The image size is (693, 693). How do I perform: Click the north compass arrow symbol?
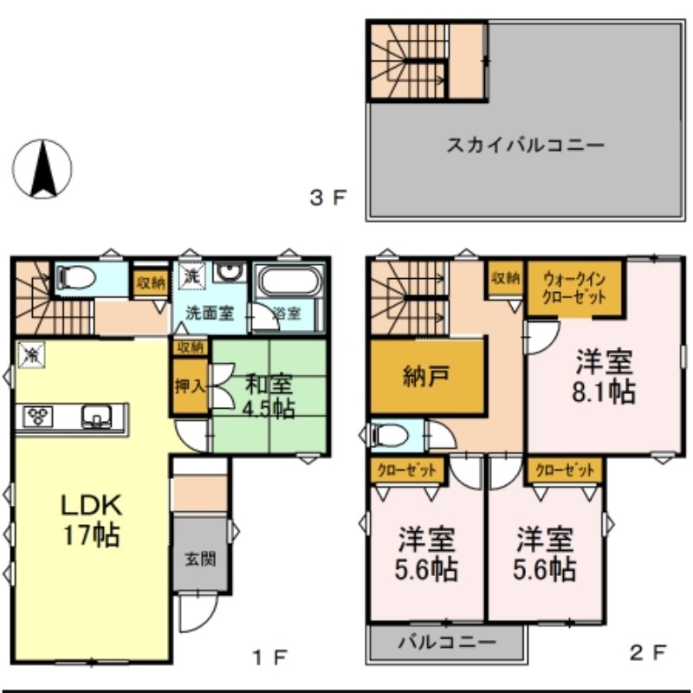coord(42,168)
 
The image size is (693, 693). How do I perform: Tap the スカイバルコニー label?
coord(525,145)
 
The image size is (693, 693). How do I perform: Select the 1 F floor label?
coord(270,655)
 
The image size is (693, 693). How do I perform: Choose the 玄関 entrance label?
coord(200,559)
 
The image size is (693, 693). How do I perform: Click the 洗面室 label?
coord(210,314)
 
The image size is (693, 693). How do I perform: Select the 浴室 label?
coord(286,314)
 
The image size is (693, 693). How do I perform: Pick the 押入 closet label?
coord(190,386)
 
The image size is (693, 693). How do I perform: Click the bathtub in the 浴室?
coord(290,282)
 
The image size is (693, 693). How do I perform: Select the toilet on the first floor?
coord(71,278)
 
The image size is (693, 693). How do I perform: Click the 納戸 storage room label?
coord(425,377)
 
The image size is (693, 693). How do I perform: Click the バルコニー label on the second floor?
coord(447,643)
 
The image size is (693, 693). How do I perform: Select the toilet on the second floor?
coord(385,436)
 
